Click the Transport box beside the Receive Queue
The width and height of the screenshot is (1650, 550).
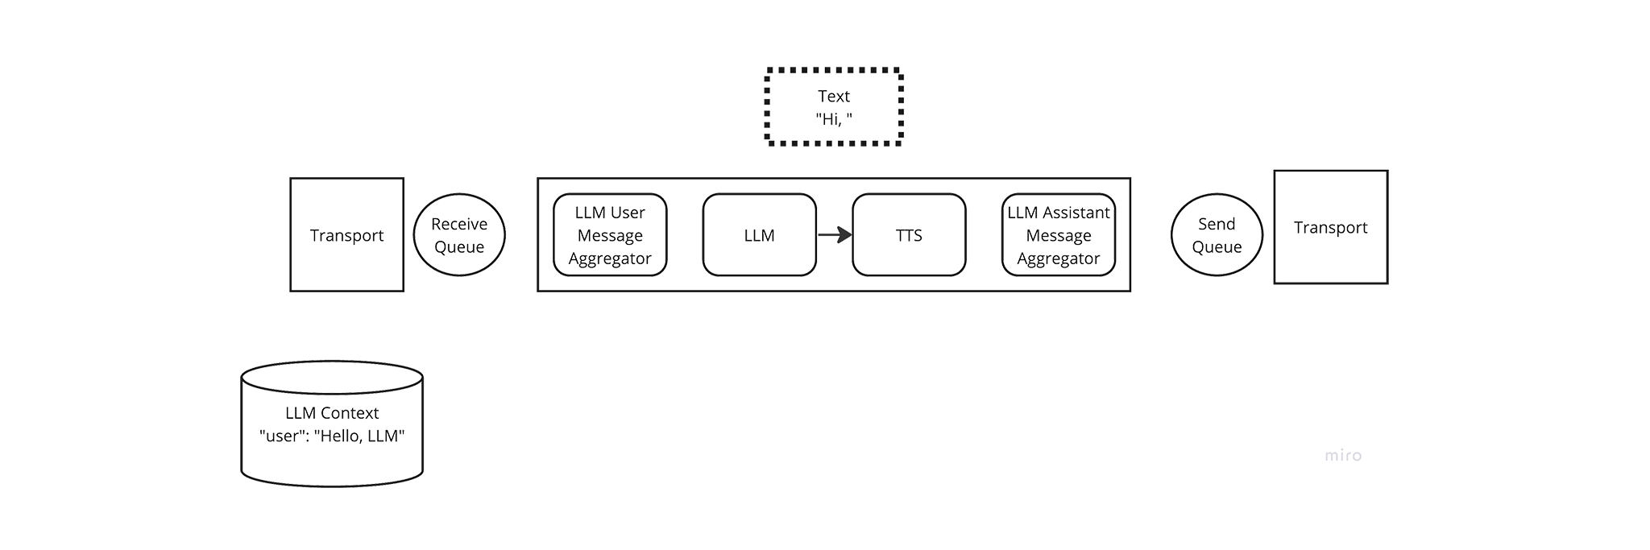tap(346, 234)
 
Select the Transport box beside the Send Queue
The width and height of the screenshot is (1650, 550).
tap(1330, 227)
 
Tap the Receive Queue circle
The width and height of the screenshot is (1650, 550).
tap(459, 234)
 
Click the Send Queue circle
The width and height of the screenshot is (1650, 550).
tap(1217, 234)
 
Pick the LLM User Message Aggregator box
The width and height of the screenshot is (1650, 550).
tap(610, 234)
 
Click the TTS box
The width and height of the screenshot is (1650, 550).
tap(909, 234)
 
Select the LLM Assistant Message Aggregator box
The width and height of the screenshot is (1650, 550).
tap(1059, 234)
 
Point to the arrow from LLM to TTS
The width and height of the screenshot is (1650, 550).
tap(835, 235)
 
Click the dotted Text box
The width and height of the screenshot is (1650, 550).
tap(834, 107)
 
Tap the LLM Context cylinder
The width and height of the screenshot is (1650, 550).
tap(332, 424)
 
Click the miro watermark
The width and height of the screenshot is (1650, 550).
tap(1343, 456)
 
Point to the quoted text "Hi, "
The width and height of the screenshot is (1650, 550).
tap(834, 119)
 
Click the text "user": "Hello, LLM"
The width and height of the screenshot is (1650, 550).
tap(332, 436)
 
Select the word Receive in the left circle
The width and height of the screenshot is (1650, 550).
tap(459, 224)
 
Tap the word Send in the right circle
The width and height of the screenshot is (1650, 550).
tap(1217, 224)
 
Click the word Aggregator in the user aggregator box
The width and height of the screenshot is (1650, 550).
tap(610, 258)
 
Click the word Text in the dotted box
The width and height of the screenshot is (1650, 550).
tap(834, 96)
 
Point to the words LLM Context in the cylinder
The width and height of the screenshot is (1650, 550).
tap(332, 413)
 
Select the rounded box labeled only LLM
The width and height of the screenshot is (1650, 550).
tap(759, 234)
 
